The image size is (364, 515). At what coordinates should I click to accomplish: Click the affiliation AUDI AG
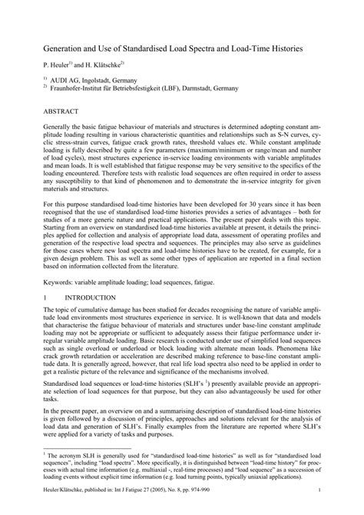tap(68, 79)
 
